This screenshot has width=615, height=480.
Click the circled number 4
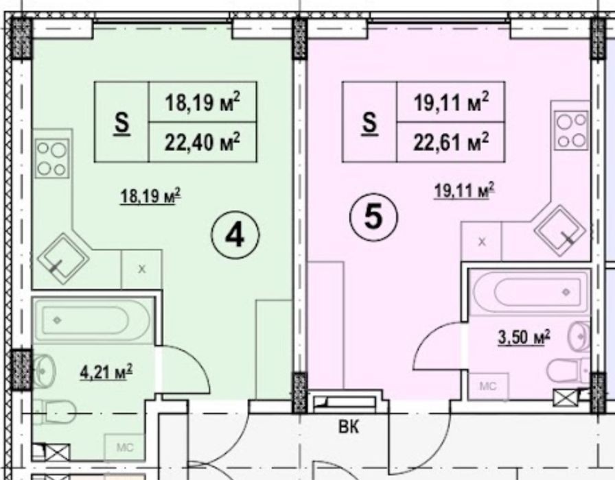[x=235, y=235]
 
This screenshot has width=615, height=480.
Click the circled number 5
[x=373, y=217]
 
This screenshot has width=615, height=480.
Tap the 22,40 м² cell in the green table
[x=202, y=142]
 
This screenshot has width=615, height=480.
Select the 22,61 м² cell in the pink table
[x=451, y=142]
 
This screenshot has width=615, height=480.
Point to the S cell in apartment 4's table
[x=122, y=122]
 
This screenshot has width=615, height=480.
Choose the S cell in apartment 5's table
[x=369, y=122]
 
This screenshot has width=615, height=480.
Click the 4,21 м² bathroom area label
[x=106, y=372]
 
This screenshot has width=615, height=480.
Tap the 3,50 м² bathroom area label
[x=524, y=337]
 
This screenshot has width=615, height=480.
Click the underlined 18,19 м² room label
[x=150, y=195]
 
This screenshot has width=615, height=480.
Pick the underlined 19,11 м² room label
[x=465, y=191]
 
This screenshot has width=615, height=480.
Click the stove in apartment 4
[x=52, y=158]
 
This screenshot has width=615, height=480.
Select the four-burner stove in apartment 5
[x=572, y=130]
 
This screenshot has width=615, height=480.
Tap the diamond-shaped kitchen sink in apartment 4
[x=62, y=259]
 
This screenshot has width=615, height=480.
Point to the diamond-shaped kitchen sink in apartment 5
[x=559, y=230]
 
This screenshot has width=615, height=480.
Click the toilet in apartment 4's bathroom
[x=54, y=412]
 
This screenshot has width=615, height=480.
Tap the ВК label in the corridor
[x=348, y=427]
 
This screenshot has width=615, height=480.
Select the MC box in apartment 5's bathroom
[x=488, y=386]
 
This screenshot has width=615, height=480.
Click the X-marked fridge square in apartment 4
[x=141, y=269]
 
